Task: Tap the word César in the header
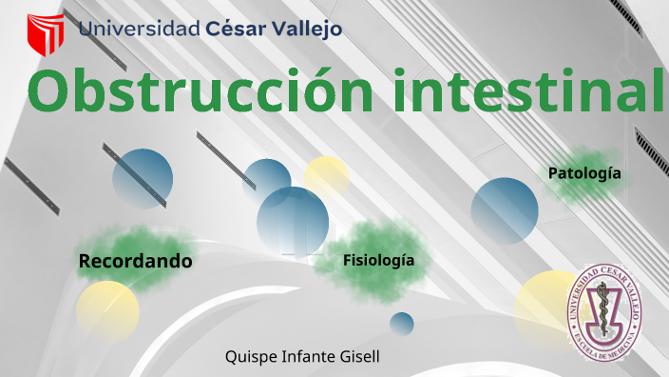pos(238,29)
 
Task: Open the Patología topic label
pos(584,173)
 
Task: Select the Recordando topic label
pos(135,261)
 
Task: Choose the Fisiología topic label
pos(378,260)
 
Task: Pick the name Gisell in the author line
pos(361,357)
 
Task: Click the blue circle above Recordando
pos(143,179)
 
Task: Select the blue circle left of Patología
pos(505,210)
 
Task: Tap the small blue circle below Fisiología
pos(402,324)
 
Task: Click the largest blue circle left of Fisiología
pos(292,221)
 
